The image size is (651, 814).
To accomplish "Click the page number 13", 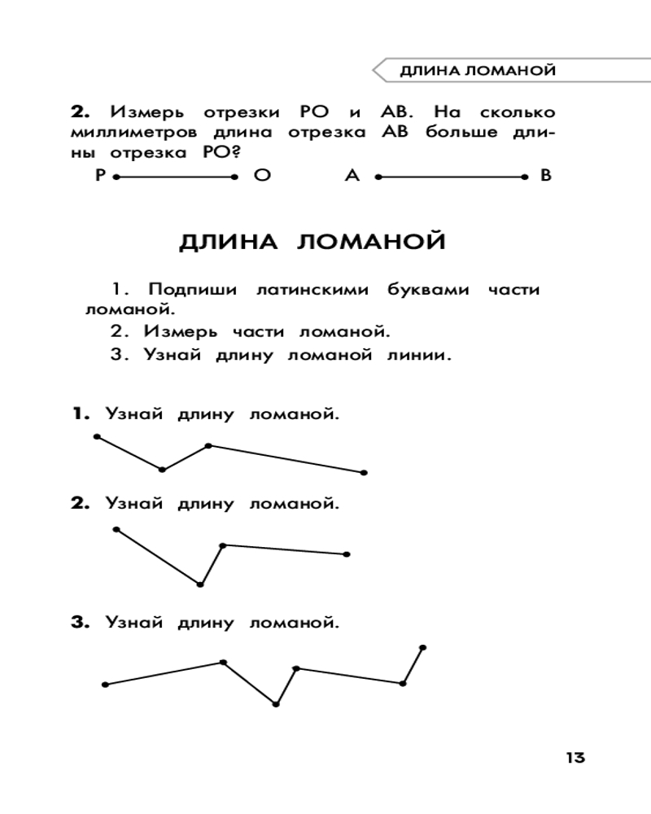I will tap(575, 757).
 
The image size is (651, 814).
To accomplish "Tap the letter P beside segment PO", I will tap(100, 175).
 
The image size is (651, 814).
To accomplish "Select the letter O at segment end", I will tap(261, 175).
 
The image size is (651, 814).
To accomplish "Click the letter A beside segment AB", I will tap(352, 175).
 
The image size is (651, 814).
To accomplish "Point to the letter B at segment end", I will tap(546, 175).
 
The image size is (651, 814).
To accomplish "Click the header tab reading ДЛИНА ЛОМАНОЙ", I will tap(478, 71).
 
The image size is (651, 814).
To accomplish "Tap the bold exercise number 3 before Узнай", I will tap(78, 624).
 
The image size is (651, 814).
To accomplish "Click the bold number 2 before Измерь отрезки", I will tap(78, 111).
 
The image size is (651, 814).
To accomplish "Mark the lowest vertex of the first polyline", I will tap(163, 470).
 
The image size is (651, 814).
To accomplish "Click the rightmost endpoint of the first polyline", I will tap(364, 472).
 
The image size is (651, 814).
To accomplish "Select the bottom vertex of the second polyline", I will tap(200, 584).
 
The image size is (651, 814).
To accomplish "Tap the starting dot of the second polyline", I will tap(116, 529).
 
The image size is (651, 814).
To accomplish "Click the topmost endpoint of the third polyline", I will tap(422, 648).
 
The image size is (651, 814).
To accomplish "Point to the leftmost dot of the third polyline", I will tap(105, 685).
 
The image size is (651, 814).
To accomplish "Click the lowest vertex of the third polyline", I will tap(276, 704).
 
